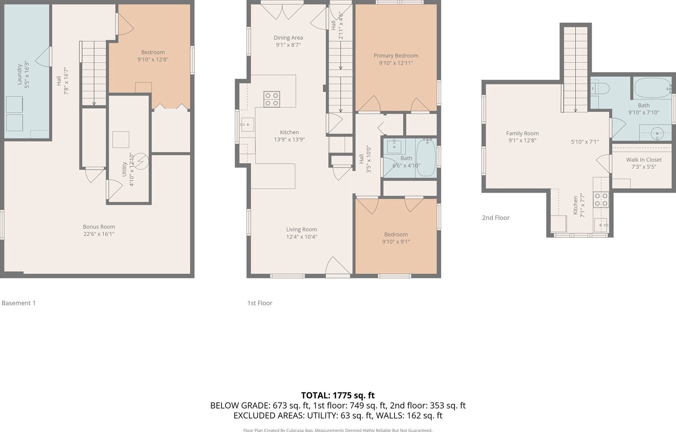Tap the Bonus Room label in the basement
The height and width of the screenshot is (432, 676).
pyautogui.click(x=99, y=227)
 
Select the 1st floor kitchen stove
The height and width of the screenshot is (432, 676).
pyautogui.click(x=272, y=99)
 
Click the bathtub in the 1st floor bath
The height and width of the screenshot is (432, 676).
pyautogui.click(x=426, y=158)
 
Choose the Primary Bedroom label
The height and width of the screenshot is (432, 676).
pyautogui.click(x=396, y=56)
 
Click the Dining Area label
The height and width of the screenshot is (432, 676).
pyautogui.click(x=288, y=38)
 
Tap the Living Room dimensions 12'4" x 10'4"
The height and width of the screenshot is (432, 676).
pyautogui.click(x=302, y=237)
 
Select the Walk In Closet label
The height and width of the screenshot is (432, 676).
pyautogui.click(x=644, y=160)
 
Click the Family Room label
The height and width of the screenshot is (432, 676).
pyautogui.click(x=522, y=133)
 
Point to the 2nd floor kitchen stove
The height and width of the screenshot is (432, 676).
pyautogui.click(x=601, y=200)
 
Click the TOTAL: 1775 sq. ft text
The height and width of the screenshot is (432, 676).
pyautogui.click(x=338, y=395)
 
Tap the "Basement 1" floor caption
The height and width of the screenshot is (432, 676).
pyautogui.click(x=19, y=303)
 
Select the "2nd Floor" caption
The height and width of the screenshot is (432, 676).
pyautogui.click(x=496, y=218)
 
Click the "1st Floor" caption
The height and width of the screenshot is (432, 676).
pyautogui.click(x=260, y=303)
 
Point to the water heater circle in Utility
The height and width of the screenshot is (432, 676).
pyautogui.click(x=140, y=161)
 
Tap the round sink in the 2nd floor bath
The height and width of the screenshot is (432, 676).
pyautogui.click(x=657, y=134)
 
